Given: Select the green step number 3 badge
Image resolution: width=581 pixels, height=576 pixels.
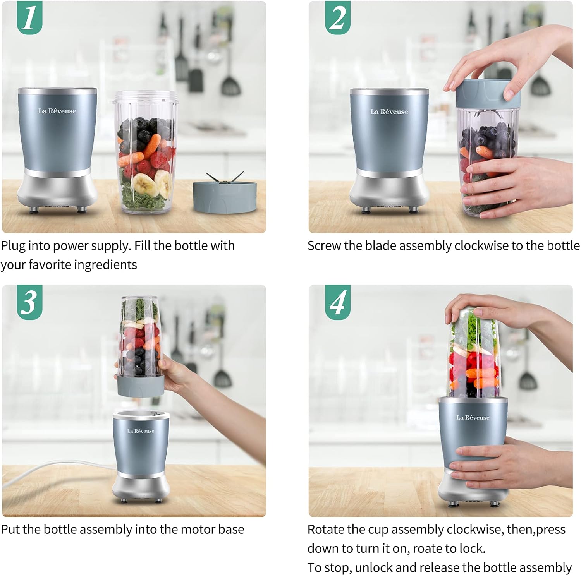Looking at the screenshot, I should click(x=29, y=302).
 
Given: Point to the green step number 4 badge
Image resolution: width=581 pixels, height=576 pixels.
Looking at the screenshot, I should click(x=337, y=302).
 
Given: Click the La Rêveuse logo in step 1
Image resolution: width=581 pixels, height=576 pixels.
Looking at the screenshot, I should click(x=57, y=111).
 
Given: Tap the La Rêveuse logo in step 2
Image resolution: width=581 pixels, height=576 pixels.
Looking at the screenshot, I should click(x=389, y=111).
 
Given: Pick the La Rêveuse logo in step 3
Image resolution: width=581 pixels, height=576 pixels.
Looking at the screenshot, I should click(x=141, y=431).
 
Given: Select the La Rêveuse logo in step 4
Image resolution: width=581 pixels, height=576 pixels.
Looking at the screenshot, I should click(x=473, y=417).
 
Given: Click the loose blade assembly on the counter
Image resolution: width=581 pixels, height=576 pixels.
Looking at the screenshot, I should click(x=224, y=195).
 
